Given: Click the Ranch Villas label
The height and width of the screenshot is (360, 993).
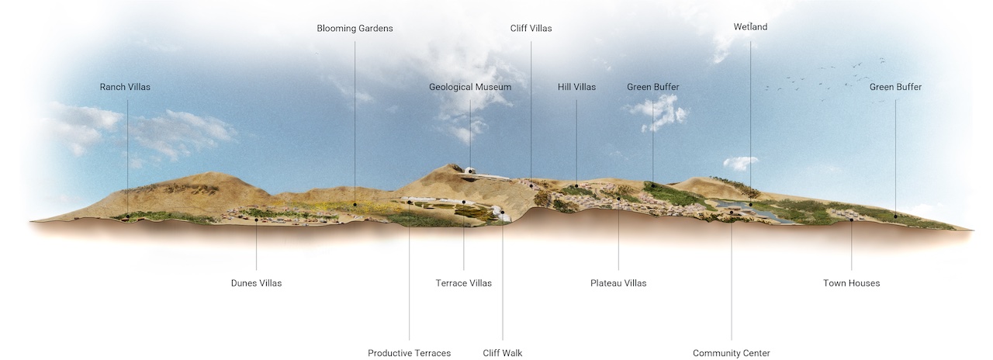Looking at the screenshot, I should coord(125,87).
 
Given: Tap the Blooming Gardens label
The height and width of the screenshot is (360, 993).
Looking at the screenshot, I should coord(355,29).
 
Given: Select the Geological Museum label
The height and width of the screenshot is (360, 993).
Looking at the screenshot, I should coord(470,87).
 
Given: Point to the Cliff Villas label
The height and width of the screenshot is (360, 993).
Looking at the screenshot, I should coord(531,29).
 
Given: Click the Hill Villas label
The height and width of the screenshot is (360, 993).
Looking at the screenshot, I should coord(576,87).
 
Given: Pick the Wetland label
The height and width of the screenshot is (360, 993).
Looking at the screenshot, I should coord(750,27).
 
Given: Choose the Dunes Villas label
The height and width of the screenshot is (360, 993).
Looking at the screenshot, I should coord(256,283).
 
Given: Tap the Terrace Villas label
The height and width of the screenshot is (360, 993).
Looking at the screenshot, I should coord(463,283).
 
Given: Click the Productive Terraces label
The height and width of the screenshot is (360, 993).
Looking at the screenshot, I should coord(409,353).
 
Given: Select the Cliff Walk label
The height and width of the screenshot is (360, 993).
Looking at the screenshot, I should coord(503,353).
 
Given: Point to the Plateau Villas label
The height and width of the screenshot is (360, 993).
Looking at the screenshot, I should coord(618,283).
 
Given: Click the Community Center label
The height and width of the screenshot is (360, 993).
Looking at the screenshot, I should coord(732,353).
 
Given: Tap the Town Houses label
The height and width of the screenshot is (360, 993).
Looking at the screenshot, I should coord(852,283).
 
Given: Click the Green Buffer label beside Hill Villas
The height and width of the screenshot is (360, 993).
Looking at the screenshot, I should coord(652,87).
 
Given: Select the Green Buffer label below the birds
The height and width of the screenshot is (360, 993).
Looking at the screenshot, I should coord(895,87).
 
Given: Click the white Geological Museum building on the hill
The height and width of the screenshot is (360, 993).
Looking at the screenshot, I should coord(471,170).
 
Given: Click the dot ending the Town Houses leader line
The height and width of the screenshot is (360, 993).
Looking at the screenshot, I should coord(852,220).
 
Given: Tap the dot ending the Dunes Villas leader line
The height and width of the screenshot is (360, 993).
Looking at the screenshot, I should coord(256,220).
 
